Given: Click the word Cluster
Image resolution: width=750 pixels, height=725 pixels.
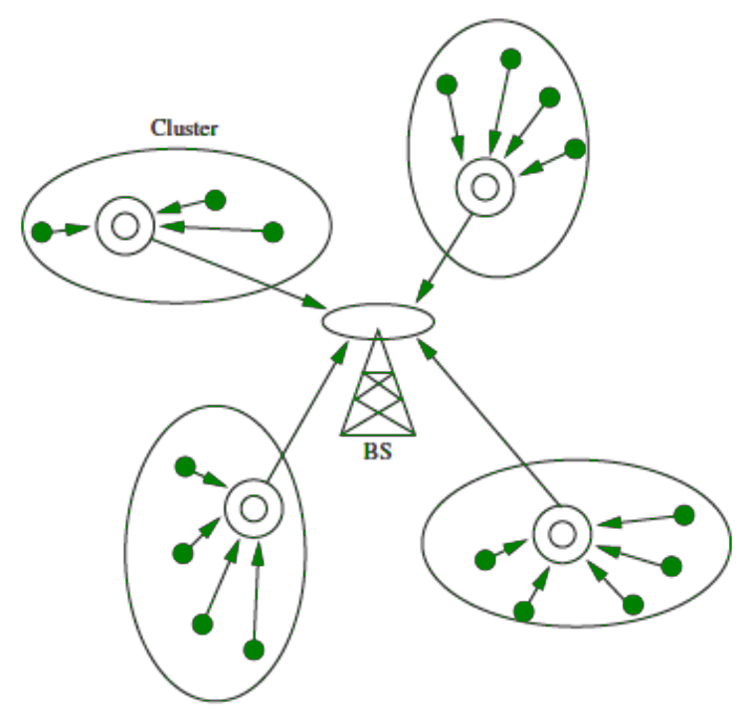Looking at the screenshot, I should (184, 128).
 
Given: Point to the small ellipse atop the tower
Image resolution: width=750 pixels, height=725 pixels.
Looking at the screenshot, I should (379, 321).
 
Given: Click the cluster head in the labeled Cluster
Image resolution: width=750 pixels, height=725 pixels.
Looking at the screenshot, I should (124, 226).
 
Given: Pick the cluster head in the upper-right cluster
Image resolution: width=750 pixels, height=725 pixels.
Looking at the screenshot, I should (485, 186).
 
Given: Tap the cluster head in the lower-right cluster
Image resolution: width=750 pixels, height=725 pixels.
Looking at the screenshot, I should (561, 535).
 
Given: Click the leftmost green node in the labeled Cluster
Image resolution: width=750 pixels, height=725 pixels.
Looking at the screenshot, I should (42, 233).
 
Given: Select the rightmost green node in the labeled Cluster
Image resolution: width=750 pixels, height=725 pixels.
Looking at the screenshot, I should (274, 232).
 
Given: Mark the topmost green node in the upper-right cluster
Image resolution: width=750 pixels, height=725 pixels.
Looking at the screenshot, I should (511, 59).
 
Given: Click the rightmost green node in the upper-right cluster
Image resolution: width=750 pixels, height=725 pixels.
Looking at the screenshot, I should (575, 149).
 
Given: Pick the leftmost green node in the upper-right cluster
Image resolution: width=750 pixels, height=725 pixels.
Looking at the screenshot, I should (448, 84).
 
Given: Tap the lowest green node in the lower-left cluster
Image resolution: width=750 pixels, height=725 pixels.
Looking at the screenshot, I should (254, 650).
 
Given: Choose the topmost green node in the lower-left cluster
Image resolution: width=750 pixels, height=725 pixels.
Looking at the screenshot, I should (184, 466).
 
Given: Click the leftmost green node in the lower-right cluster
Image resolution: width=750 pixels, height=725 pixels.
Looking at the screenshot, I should (485, 560).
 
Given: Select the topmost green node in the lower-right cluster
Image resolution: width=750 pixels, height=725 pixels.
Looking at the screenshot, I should (683, 515).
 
